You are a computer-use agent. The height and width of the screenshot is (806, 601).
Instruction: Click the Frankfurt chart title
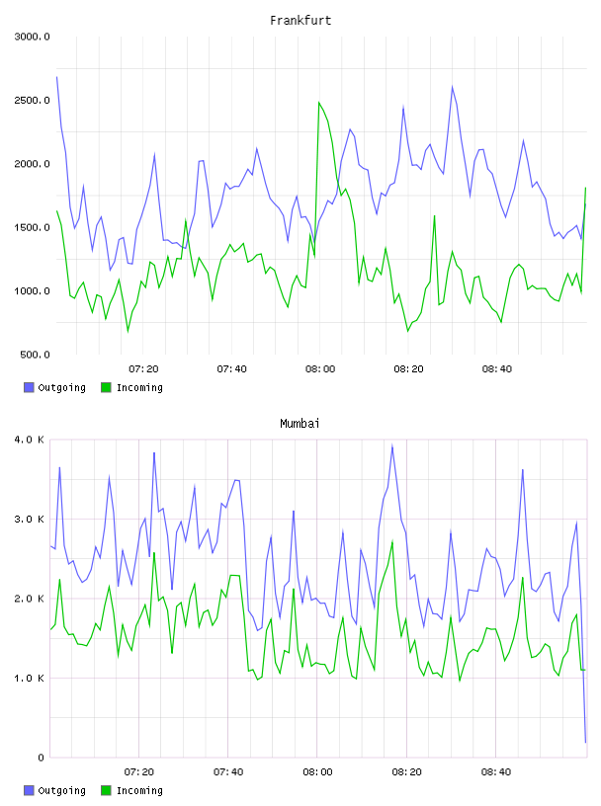(x=300, y=21)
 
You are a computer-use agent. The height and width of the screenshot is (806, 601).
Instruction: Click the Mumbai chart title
(x=300, y=424)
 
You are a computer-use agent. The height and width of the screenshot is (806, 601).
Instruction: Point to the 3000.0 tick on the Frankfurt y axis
(x=32, y=37)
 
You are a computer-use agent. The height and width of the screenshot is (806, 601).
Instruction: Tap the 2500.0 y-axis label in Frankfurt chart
(x=32, y=100)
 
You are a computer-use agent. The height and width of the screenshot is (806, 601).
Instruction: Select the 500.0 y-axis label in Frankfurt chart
(x=35, y=355)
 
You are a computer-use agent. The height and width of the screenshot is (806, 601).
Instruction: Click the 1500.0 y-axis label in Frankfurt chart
(x=32, y=228)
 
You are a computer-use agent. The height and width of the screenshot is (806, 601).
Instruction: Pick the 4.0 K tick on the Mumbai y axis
(x=30, y=440)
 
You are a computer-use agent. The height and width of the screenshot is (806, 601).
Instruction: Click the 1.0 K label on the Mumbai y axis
(x=30, y=679)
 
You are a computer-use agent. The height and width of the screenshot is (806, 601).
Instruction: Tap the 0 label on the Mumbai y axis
(x=42, y=758)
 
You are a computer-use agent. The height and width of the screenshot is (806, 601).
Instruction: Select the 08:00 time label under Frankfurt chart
(x=320, y=369)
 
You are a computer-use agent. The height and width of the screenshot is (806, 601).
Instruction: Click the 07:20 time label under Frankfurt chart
(x=143, y=369)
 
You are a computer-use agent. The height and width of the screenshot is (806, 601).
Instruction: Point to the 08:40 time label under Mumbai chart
(x=496, y=772)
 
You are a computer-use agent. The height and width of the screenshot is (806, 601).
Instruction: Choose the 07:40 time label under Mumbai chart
(x=228, y=772)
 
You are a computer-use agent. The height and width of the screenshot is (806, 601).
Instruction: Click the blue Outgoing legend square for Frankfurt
(x=29, y=387)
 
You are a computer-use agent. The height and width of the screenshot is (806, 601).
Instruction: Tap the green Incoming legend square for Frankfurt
(x=106, y=387)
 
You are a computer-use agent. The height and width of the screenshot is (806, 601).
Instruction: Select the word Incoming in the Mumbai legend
(x=139, y=790)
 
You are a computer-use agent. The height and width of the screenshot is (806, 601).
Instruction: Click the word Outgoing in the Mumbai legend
(x=61, y=790)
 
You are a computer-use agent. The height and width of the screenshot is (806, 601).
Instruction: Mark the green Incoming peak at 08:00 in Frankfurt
(x=319, y=103)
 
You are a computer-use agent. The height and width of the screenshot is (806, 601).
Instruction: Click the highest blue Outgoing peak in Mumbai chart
(x=392, y=446)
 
